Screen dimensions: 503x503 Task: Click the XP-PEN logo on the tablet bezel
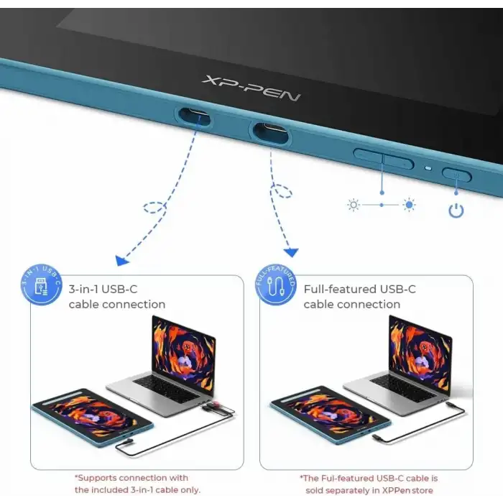(251, 88)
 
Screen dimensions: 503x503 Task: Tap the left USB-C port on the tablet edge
(195, 116)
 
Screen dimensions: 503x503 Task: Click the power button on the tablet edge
(457, 175)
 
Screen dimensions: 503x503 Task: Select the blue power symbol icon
(456, 211)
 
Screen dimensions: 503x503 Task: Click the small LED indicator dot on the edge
(428, 168)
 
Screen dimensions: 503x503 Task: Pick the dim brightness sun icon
(354, 205)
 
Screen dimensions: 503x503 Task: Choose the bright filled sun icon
(409, 204)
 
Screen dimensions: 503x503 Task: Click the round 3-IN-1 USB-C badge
(41, 285)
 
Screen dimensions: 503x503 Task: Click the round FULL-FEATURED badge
(275, 285)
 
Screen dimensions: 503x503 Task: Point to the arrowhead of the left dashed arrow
(121, 260)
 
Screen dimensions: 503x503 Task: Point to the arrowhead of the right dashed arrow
(291, 252)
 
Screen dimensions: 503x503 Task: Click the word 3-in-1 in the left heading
(83, 290)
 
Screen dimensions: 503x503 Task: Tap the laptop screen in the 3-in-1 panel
(184, 352)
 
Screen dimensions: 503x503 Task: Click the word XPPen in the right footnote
(396, 491)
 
